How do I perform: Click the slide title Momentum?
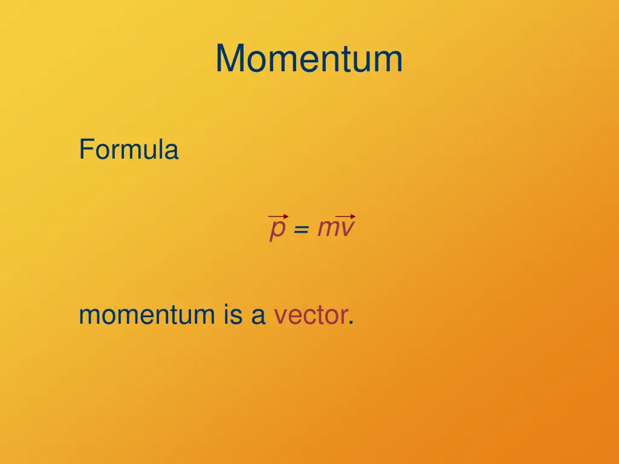[309, 59]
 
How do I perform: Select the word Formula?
[128, 149]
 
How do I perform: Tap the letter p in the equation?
[277, 230]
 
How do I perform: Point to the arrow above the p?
[278, 216]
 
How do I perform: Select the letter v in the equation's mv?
[346, 228]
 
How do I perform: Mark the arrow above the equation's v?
[345, 216]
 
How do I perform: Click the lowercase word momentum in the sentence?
[147, 315]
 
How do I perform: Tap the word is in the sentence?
[233, 315]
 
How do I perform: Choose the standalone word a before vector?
[258, 316]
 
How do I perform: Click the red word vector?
[310, 315]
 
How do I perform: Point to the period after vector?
[351, 323]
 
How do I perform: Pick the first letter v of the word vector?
[280, 316]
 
